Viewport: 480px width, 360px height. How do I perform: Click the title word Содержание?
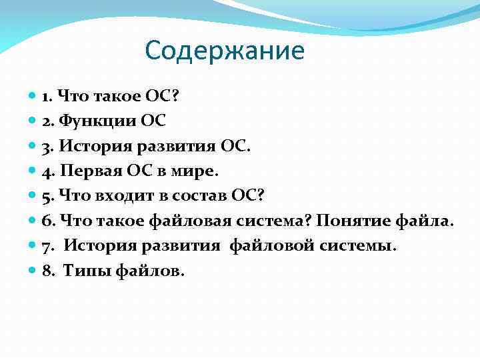tap(224, 51)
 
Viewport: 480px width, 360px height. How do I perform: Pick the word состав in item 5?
tap(200, 196)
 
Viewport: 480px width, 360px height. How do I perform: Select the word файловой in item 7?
tap(267, 246)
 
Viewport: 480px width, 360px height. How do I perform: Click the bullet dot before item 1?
tap(34, 96)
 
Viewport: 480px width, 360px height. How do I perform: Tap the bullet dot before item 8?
tap(34, 271)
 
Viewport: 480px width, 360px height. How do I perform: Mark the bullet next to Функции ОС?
tap(34, 121)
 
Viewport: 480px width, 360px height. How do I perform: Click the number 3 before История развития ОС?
tap(45, 146)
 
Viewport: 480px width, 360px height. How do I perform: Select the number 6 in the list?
tap(45, 221)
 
